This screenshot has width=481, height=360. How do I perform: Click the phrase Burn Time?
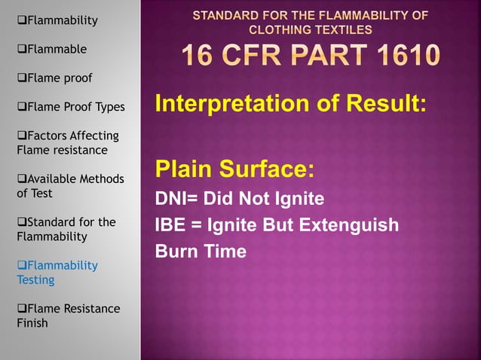coord(201,252)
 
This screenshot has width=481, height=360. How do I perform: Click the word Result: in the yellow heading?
coord(391,104)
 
